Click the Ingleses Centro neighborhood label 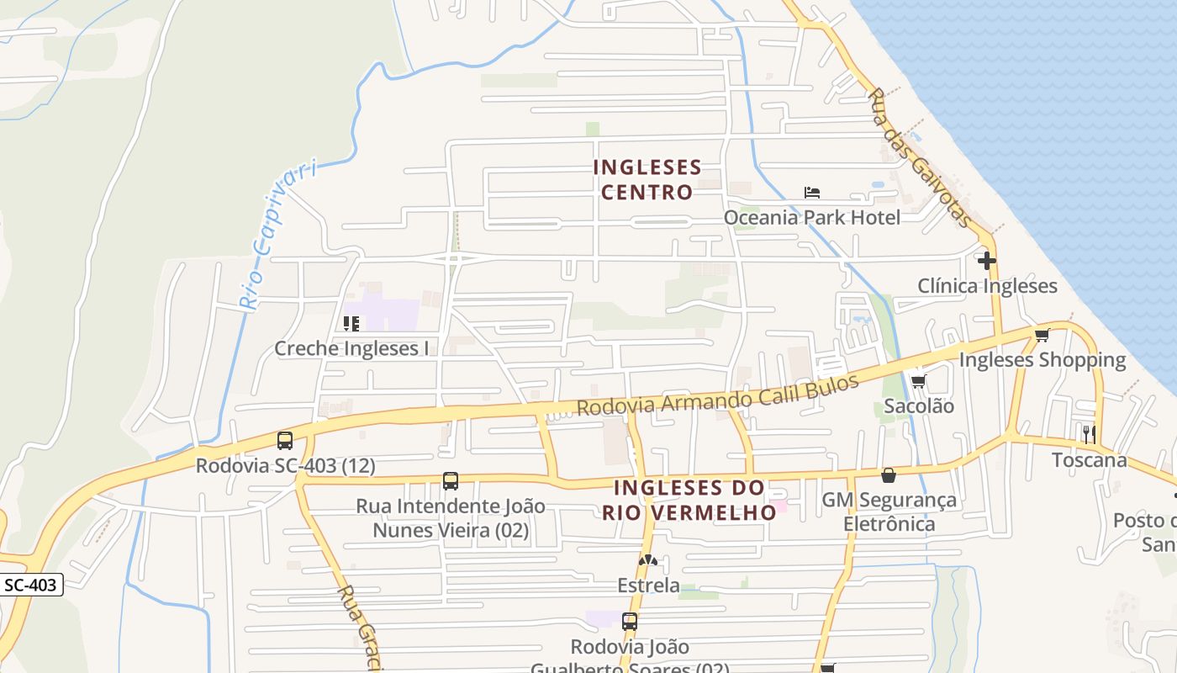pos(647,179)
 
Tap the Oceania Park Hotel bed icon pos(811,193)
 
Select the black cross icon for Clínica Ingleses pos(987,260)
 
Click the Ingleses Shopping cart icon pos(1042,335)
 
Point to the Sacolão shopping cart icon pos(918,381)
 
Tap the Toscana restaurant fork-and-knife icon pos(1089,434)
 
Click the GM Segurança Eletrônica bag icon pos(889,475)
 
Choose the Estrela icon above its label pos(647,559)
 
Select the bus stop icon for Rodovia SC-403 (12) pos(285,440)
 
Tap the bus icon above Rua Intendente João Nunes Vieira pos(451,481)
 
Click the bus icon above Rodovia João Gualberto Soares pos(630,622)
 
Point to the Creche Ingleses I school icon pos(351,323)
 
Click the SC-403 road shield pos(31,585)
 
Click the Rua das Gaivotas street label pos(920,157)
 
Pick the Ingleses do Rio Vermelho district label pos(689,500)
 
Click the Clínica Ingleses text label pos(987,286)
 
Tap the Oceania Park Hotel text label pos(812,218)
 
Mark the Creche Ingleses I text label pos(351,348)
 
